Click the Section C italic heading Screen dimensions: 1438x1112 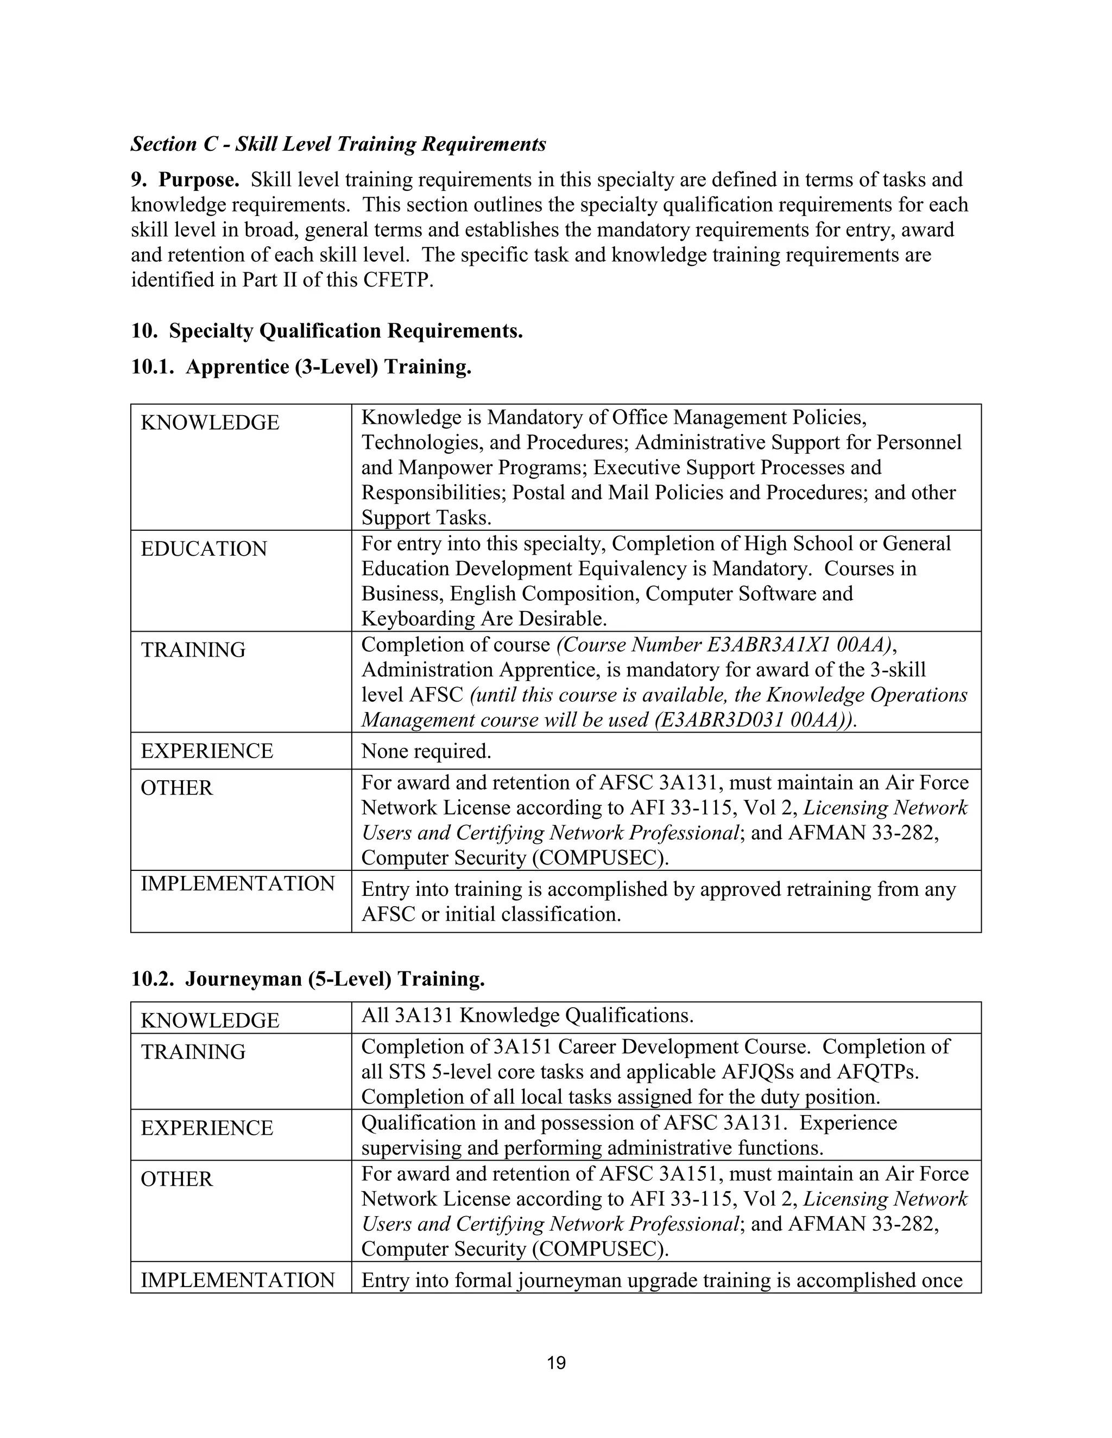pos(338,144)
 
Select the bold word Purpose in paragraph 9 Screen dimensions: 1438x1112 pos(198,180)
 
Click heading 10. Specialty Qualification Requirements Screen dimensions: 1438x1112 pos(327,330)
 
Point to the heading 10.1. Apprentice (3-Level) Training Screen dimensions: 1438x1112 pos(301,367)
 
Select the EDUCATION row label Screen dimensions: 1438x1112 pos(204,549)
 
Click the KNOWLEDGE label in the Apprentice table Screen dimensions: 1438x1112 pos(210,422)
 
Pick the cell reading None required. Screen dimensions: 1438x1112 pos(426,750)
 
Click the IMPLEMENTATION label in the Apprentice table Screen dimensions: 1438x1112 pos(237,883)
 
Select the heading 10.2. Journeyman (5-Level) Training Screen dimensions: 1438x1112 pos(308,979)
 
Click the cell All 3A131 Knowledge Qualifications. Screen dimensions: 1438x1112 pos(527,1015)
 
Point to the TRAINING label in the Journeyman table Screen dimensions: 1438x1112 pos(193,1052)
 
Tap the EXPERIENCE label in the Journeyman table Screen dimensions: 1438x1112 pos(206,1128)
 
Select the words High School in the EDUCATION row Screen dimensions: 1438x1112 pos(798,543)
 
